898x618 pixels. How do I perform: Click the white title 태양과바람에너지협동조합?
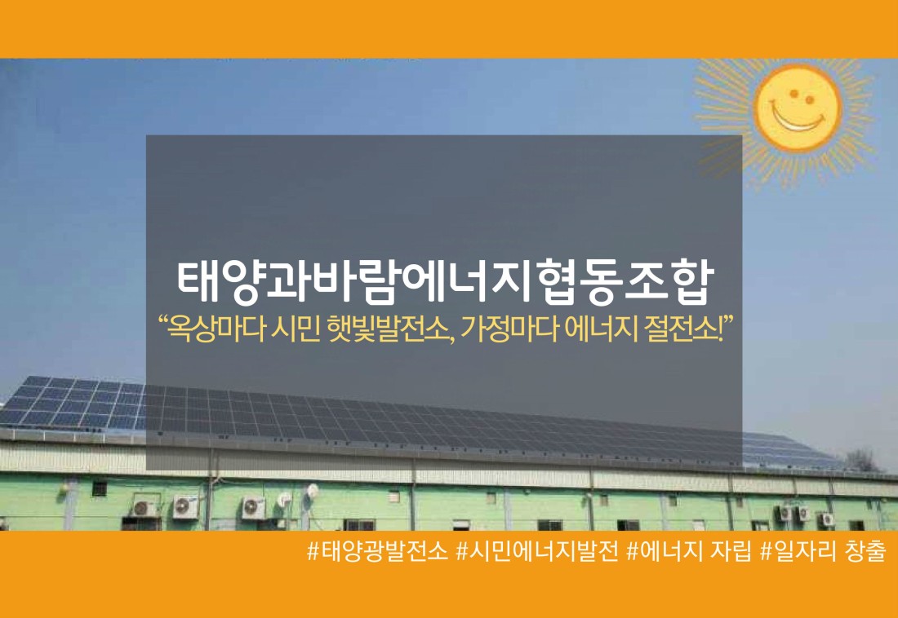(x=444, y=283)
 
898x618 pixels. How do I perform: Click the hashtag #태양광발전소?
(x=377, y=552)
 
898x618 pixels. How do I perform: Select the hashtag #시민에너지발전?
(x=537, y=552)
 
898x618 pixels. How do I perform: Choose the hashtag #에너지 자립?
(x=689, y=552)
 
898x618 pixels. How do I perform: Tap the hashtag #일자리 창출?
(x=822, y=552)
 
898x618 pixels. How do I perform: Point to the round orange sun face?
(x=798, y=106)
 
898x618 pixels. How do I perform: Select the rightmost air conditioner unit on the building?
(x=825, y=519)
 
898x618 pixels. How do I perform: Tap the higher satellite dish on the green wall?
(x=312, y=490)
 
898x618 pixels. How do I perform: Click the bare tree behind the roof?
(x=861, y=460)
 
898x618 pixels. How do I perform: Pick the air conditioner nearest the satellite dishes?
(x=253, y=507)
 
